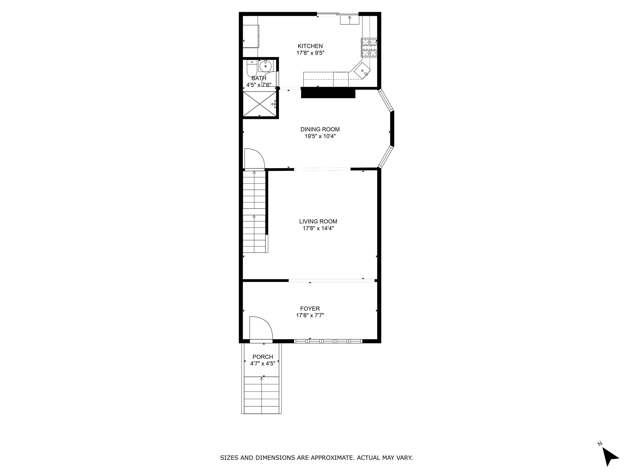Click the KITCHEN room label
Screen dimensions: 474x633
(x=310, y=46)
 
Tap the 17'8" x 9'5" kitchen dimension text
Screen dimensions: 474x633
(x=310, y=53)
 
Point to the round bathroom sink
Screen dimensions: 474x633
(x=266, y=66)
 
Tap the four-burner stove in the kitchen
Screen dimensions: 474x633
(x=369, y=48)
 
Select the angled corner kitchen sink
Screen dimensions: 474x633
(x=362, y=71)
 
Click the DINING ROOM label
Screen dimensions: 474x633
(x=320, y=129)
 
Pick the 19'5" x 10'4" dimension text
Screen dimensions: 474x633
(x=320, y=137)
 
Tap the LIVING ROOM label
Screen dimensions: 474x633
(x=318, y=221)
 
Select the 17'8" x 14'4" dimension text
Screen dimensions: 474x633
(x=318, y=229)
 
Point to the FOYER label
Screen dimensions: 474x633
(x=310, y=309)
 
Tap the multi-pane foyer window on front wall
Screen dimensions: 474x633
(x=328, y=341)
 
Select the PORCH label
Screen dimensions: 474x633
(x=263, y=357)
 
